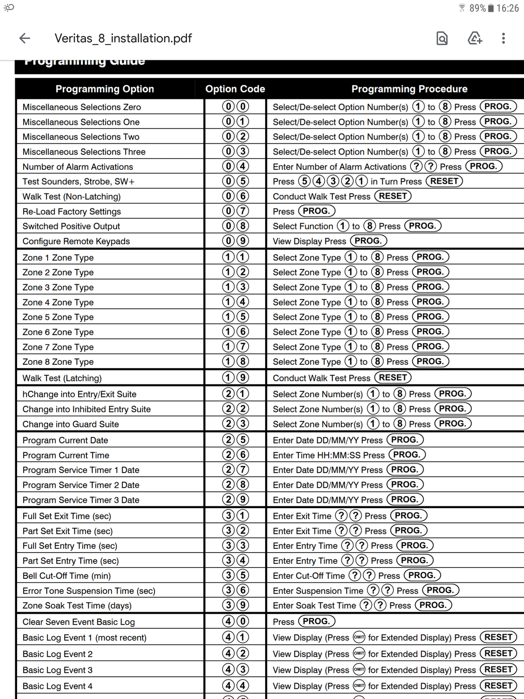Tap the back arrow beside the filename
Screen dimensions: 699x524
pyautogui.click(x=25, y=38)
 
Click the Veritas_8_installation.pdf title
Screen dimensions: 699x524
pyautogui.click(x=123, y=38)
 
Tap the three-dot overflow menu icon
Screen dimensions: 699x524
pyautogui.click(x=503, y=38)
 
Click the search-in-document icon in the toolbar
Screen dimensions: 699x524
pyautogui.click(x=442, y=38)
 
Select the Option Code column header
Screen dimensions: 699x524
pyautogui.click(x=235, y=89)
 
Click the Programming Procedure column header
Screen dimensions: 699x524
pyautogui.click(x=409, y=89)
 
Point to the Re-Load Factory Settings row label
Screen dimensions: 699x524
pyautogui.click(x=72, y=211)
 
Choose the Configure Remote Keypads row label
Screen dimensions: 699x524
pyautogui.click(x=76, y=241)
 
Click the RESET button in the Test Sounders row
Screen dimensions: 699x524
pyautogui.click(x=444, y=181)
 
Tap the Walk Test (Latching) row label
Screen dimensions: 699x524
pyautogui.click(x=62, y=378)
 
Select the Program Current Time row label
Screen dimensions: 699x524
pyautogui.click(x=66, y=455)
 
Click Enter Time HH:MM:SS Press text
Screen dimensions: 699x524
pyautogui.click(x=328, y=455)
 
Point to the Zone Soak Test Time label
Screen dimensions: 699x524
pyautogui.click(x=77, y=606)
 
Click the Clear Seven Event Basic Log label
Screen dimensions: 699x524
pyautogui.click(x=79, y=622)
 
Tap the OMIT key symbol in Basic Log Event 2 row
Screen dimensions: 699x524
pyautogui.click(x=359, y=654)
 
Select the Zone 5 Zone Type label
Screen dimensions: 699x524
pyautogui.click(x=58, y=317)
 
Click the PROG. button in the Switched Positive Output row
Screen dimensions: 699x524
pyautogui.click(x=423, y=226)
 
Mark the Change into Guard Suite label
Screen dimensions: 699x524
pyautogui.click(x=71, y=424)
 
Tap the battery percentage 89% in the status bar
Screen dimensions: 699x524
pyautogui.click(x=477, y=8)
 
